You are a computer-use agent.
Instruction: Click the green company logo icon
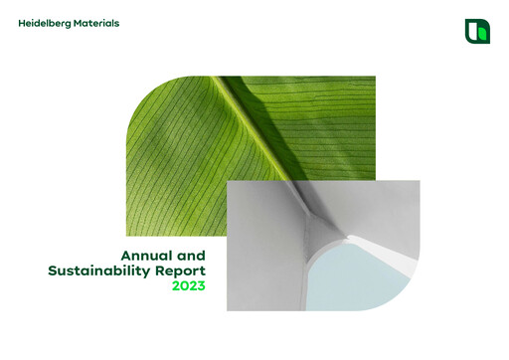point(477,31)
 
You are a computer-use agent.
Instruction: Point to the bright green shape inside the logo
point(481,34)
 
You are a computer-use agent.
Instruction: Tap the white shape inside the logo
point(473,30)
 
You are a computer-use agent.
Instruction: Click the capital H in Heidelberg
point(21,23)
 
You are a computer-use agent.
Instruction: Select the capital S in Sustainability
point(52,270)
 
